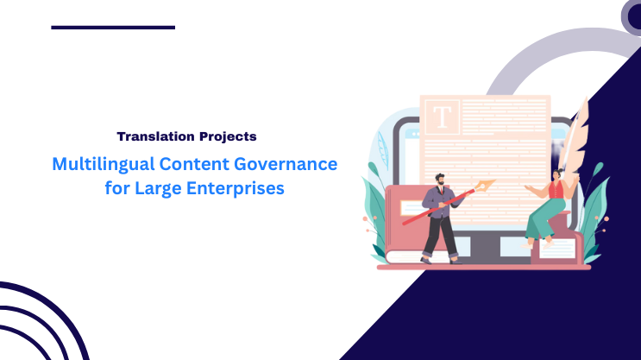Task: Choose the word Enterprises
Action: (234, 188)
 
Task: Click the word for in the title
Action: (117, 188)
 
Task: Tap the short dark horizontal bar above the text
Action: (113, 28)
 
